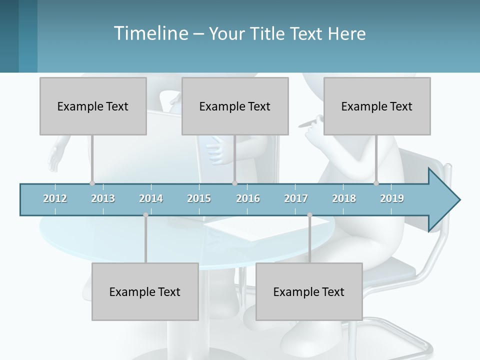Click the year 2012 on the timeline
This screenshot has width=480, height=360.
[x=55, y=198]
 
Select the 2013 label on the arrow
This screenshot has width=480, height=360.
[x=103, y=198]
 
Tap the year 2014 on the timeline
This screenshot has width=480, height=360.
[x=151, y=198]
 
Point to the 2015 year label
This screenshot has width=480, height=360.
[x=199, y=198]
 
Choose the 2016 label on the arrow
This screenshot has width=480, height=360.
[x=248, y=198]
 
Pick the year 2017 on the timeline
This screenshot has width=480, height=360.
[x=296, y=198]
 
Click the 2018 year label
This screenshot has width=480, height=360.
[x=344, y=198]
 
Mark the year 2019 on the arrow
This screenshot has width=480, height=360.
[x=392, y=198]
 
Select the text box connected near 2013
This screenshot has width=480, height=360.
[x=93, y=106]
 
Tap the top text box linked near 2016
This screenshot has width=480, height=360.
[x=235, y=106]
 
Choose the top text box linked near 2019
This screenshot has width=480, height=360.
[x=377, y=106]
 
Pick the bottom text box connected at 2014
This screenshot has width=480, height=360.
[x=145, y=291]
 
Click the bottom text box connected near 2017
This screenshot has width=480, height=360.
[x=309, y=291]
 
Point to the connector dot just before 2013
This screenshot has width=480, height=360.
[x=92, y=183]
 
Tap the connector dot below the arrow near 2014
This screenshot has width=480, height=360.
[x=145, y=215]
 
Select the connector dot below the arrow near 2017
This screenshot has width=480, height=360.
[x=309, y=215]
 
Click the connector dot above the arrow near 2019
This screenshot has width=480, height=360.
[x=376, y=183]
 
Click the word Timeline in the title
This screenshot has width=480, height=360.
[x=150, y=33]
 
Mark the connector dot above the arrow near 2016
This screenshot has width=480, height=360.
[x=234, y=183]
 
